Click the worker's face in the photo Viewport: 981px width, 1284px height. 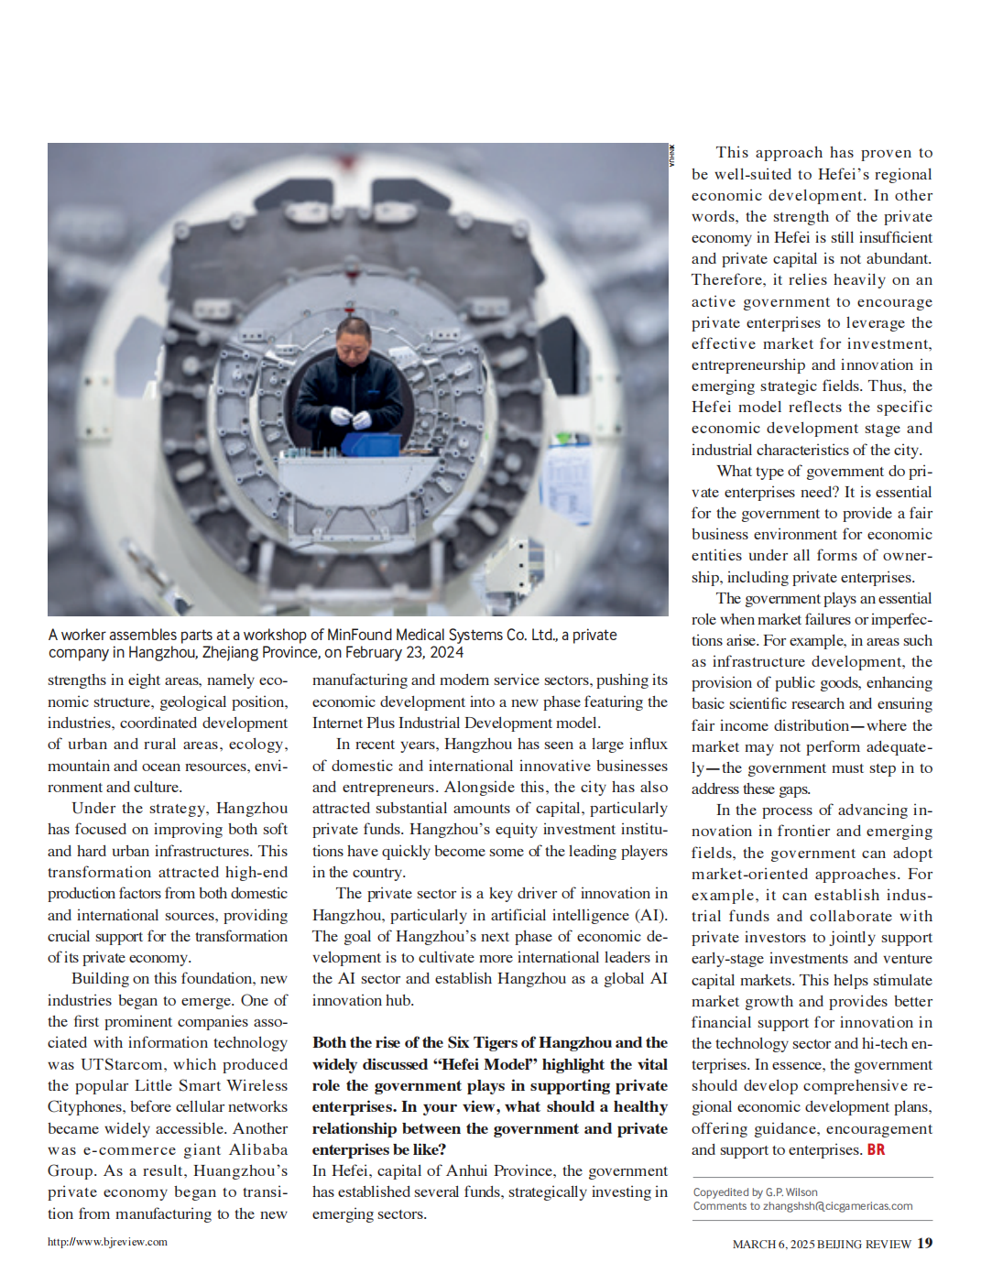tap(354, 343)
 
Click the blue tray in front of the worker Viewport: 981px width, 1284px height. tap(370, 444)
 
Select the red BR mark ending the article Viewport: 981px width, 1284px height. tap(877, 1149)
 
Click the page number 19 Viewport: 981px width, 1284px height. tap(925, 1243)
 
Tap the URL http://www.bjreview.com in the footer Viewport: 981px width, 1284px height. tap(107, 1242)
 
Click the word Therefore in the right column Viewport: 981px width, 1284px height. tap(728, 279)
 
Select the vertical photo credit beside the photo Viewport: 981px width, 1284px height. tap(672, 155)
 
